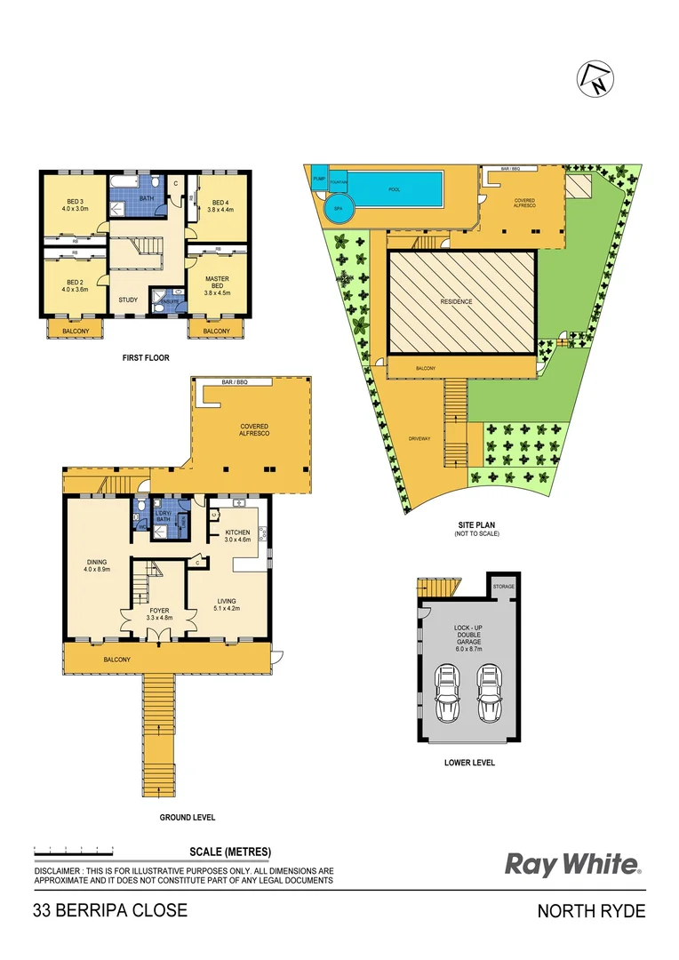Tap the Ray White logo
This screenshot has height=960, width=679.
pyautogui.click(x=572, y=864)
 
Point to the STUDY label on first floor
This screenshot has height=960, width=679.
pyautogui.click(x=128, y=300)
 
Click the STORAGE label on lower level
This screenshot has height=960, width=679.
pyautogui.click(x=504, y=587)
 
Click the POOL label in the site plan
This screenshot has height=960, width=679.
pyautogui.click(x=395, y=189)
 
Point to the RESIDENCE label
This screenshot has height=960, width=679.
pyautogui.click(x=457, y=301)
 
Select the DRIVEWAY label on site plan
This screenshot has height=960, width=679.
pyautogui.click(x=419, y=439)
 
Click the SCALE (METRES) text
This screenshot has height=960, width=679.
pyautogui.click(x=230, y=851)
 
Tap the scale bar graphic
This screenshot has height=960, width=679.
pyautogui.click(x=74, y=851)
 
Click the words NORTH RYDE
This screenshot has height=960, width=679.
pyautogui.click(x=592, y=911)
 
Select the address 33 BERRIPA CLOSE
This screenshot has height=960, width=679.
pyautogui.click(x=110, y=911)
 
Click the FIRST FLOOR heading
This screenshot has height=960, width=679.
pyautogui.click(x=146, y=358)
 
